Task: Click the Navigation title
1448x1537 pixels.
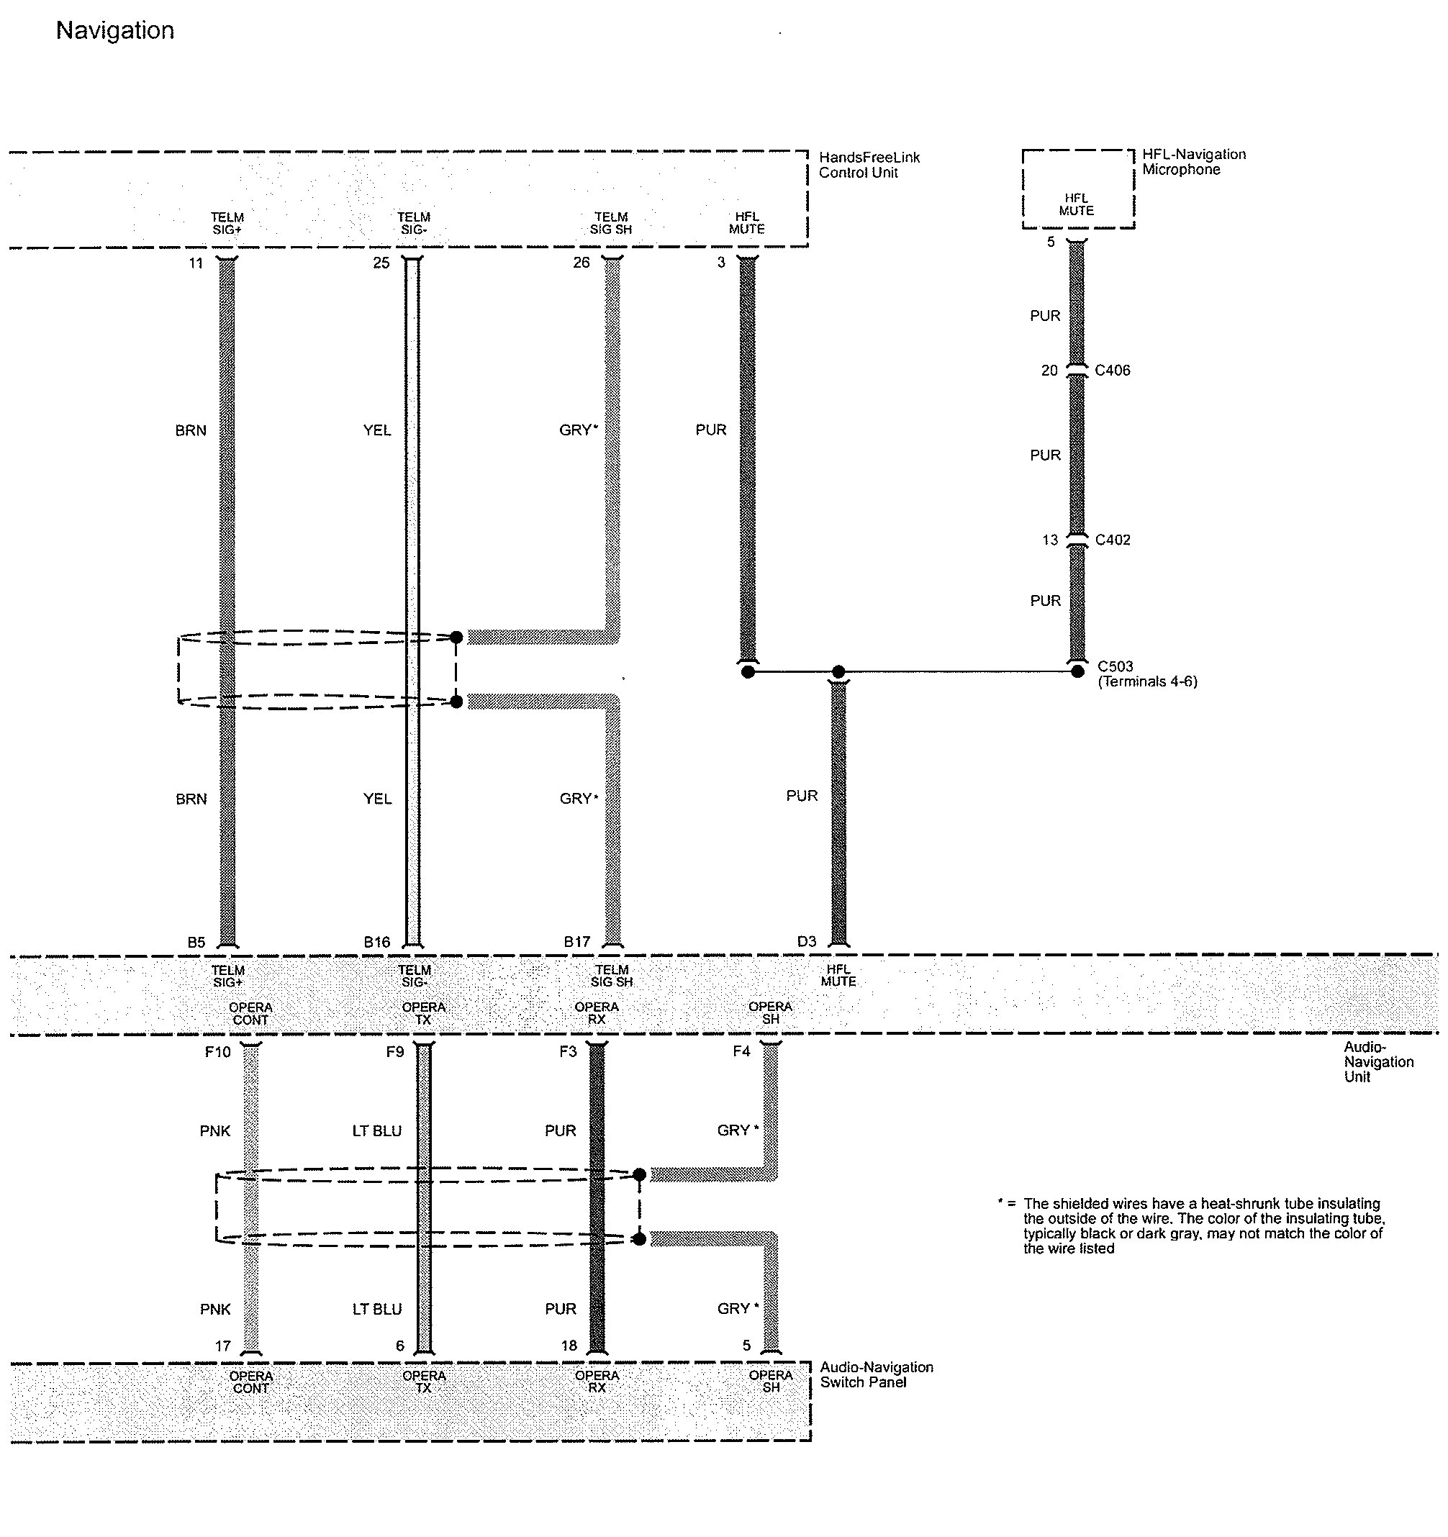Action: [115, 31]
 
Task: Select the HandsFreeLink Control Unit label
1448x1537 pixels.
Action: [869, 165]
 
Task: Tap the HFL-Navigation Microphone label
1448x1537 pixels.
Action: [1194, 162]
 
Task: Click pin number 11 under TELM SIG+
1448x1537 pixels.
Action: [196, 263]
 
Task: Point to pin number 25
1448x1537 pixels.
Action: [381, 263]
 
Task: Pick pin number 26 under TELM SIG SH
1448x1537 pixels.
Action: [582, 263]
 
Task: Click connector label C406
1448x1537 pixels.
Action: [1113, 371]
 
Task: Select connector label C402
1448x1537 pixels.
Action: [1113, 540]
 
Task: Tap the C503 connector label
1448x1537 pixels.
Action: [1115, 666]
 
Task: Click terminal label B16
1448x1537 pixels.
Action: [377, 942]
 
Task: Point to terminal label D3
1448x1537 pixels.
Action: [806, 941]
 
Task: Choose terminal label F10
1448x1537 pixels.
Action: [217, 1051]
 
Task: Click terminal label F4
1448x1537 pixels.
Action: [741, 1051]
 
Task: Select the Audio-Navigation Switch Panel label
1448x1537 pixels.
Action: [877, 1374]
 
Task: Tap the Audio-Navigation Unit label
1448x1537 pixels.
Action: [1378, 1061]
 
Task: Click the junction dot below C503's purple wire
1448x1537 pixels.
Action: [1077, 671]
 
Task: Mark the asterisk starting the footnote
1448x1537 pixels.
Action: [1000, 1202]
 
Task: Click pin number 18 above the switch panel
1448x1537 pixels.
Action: [569, 1346]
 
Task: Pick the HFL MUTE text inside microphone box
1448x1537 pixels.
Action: [1076, 204]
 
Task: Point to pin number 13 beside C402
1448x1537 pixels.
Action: [1049, 540]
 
